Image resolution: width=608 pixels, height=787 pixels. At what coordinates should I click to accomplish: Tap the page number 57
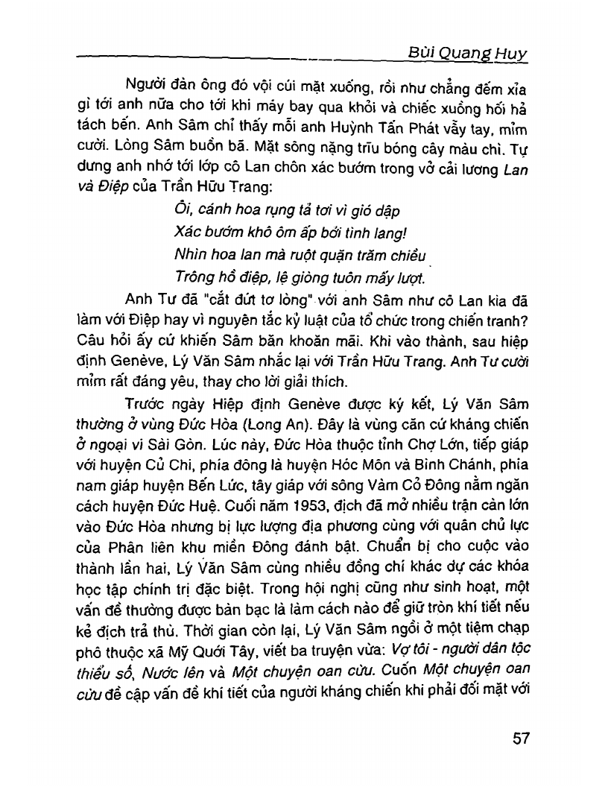point(521,739)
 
